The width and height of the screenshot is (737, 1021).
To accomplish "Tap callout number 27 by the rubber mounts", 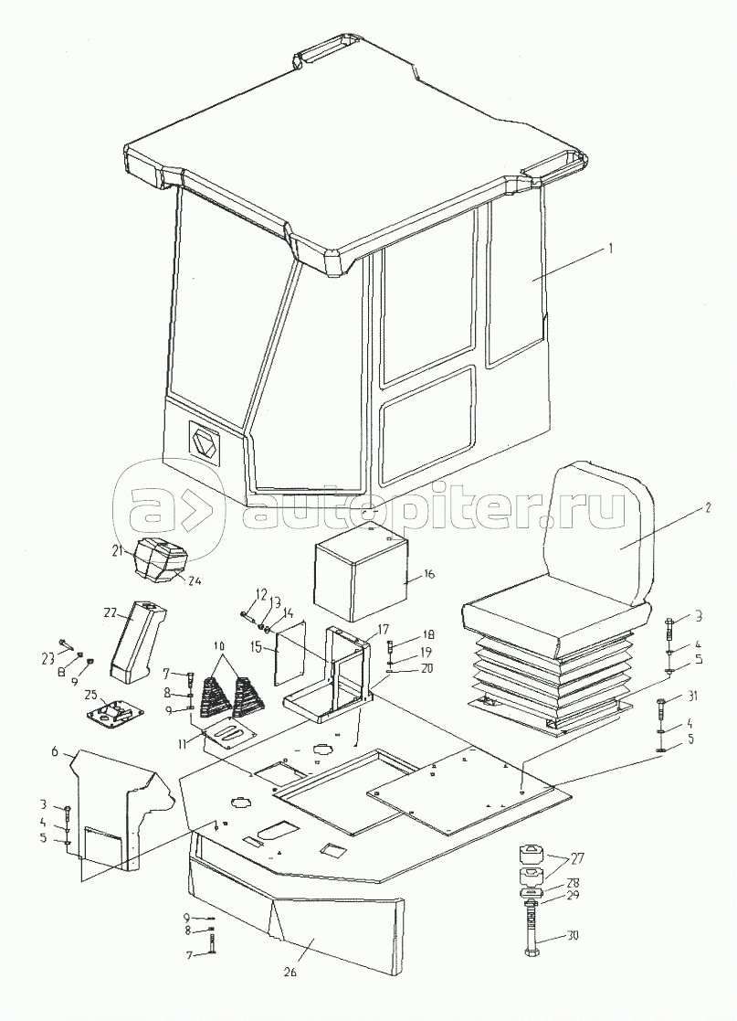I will (578, 859).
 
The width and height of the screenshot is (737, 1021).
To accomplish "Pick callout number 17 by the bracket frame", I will (384, 628).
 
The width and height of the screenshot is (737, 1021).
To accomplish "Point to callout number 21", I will (117, 549).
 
